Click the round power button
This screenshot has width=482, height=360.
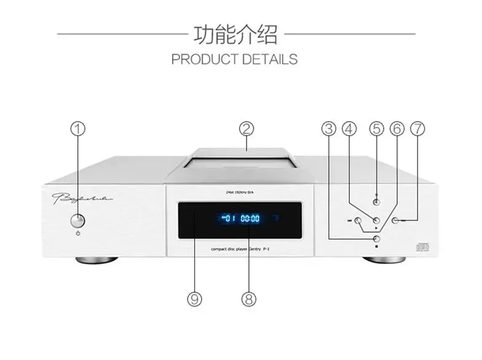pyautogui.click(x=77, y=220)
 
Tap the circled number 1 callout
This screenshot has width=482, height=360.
pyautogui.click(x=77, y=129)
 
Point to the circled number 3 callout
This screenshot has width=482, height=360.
pyautogui.click(x=329, y=129)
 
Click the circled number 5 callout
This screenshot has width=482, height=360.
pyautogui.click(x=376, y=129)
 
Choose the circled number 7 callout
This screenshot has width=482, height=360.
pyautogui.click(x=417, y=129)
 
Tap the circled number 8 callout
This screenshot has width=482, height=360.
pyautogui.click(x=248, y=299)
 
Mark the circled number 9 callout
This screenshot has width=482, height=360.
pyautogui.click(x=194, y=299)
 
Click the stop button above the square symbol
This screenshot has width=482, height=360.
pyautogui.click(x=376, y=239)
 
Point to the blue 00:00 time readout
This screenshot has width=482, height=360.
pyautogui.click(x=250, y=218)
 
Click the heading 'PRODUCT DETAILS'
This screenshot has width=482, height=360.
pyautogui.click(x=234, y=60)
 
